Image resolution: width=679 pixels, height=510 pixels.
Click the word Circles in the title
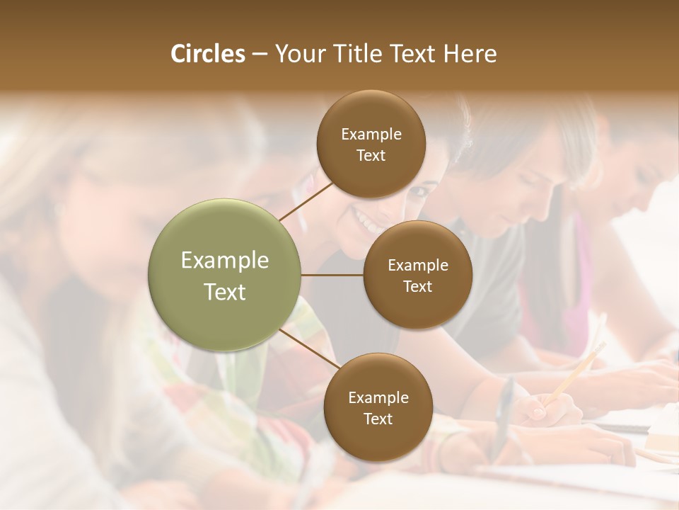click(207, 54)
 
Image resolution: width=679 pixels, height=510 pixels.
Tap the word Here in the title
click(470, 54)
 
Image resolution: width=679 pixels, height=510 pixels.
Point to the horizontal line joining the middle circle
click(332, 275)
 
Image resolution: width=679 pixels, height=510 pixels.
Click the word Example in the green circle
click(225, 261)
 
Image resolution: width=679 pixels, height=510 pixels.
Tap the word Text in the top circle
click(371, 155)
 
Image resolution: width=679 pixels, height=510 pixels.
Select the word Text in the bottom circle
click(378, 419)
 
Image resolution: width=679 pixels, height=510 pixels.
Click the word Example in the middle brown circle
click(417, 266)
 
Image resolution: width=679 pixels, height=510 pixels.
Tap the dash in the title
click(260, 54)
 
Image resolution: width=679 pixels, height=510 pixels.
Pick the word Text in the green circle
click(225, 292)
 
